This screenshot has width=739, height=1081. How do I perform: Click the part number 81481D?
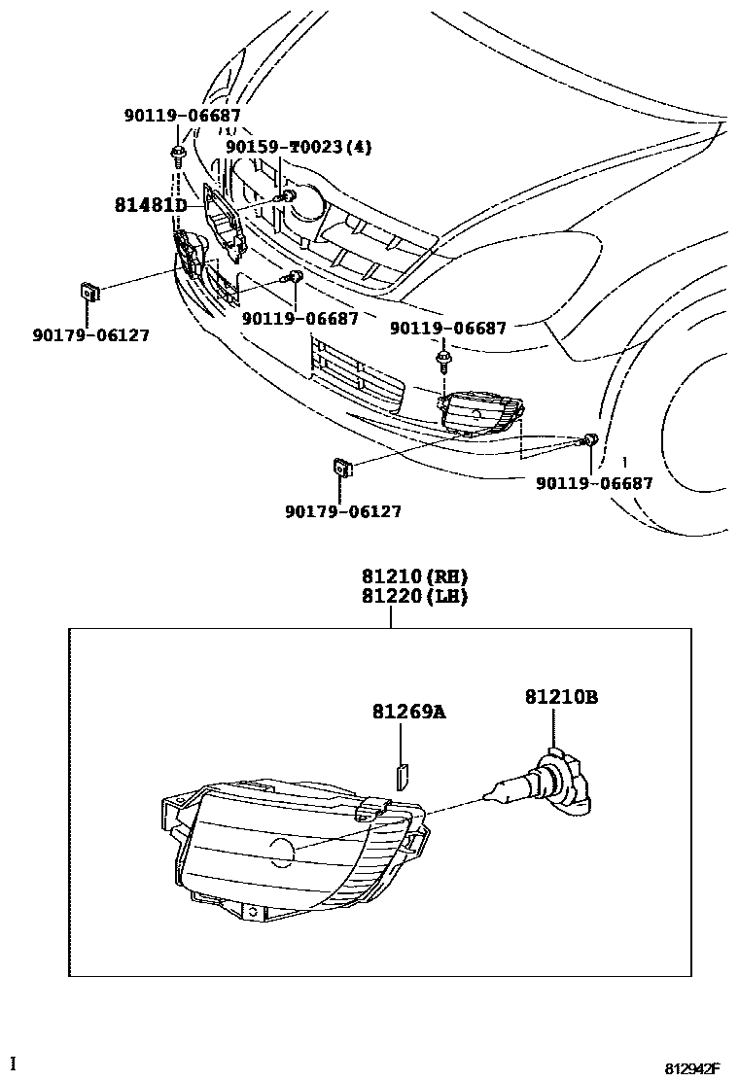click(150, 205)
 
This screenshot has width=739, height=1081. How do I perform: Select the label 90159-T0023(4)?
click(299, 147)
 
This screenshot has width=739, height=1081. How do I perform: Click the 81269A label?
click(408, 712)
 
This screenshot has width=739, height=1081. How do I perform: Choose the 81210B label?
click(561, 696)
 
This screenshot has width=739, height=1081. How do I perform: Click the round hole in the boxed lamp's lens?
click(281, 853)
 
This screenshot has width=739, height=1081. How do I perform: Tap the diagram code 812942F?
click(691, 1068)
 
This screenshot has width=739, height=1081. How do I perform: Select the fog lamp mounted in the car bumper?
click(478, 413)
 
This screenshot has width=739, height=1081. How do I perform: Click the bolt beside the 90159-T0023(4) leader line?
click(287, 198)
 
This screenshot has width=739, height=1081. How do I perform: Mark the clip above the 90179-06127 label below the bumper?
click(343, 468)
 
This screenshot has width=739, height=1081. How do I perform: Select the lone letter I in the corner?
click(13, 1063)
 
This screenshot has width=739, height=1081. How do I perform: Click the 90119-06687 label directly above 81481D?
click(182, 116)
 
